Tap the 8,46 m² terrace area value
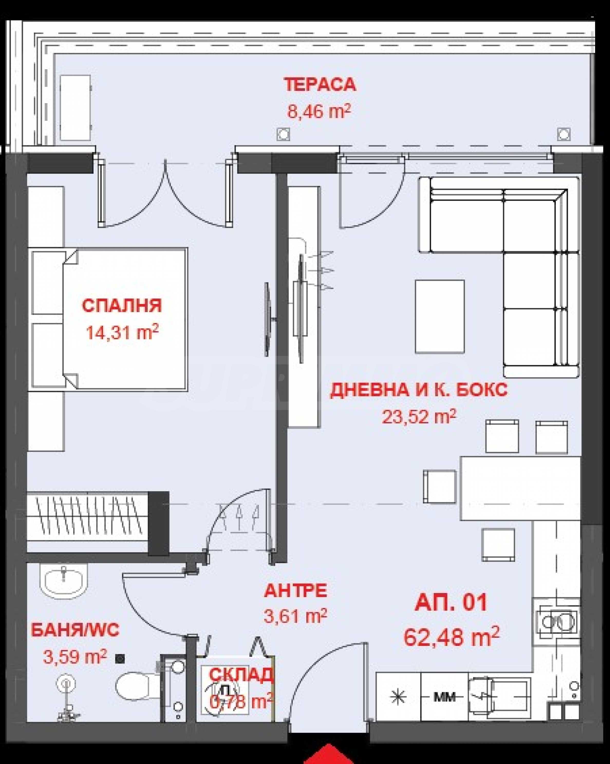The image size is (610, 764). pos(319,112)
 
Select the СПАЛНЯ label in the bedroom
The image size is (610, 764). pos(122,305)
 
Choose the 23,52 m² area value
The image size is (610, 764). pos(419,417)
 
